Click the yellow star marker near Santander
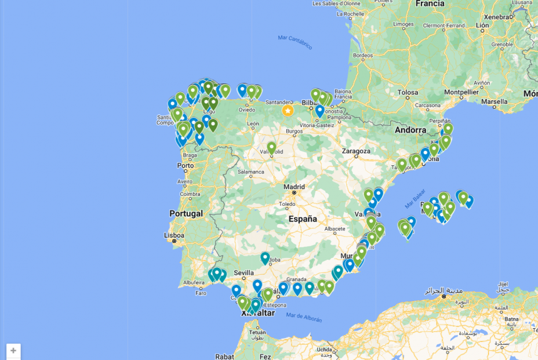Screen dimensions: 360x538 click(x=288, y=110)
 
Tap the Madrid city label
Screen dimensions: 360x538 click(x=294, y=187)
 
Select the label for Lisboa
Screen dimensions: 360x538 click(x=174, y=235)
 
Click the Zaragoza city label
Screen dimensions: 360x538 click(x=356, y=151)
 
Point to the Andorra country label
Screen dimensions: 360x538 click(x=410, y=130)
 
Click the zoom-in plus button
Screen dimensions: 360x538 click(x=13, y=351)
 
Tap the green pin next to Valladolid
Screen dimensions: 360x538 click(x=271, y=148)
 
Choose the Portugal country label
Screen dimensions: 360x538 click(x=186, y=213)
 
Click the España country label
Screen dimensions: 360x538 click(x=303, y=219)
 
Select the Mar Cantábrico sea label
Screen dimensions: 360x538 click(x=295, y=42)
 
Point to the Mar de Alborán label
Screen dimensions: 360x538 click(x=304, y=317)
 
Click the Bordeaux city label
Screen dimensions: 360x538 click(x=362, y=56)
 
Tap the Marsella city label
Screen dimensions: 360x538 click(x=494, y=101)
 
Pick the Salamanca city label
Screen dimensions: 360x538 click(x=250, y=172)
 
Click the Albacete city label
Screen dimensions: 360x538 click(x=335, y=228)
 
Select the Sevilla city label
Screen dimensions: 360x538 click(x=243, y=272)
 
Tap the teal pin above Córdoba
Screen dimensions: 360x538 click(x=265, y=257)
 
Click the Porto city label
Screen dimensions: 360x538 click(x=186, y=166)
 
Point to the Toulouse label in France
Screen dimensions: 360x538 click(x=408, y=92)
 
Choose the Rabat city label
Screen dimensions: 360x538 click(x=224, y=357)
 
